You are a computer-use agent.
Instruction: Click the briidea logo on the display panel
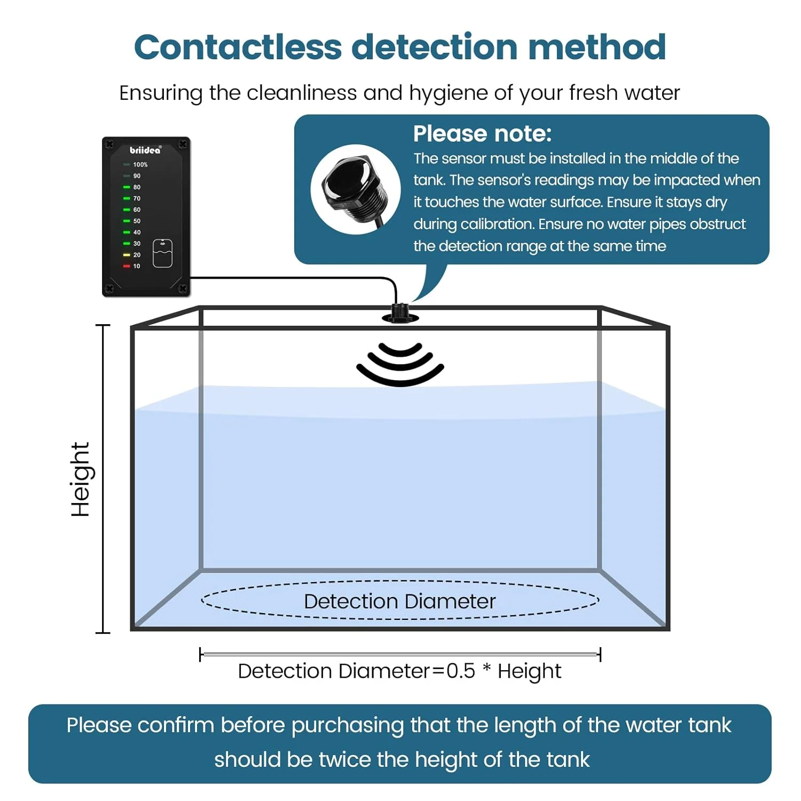tap(145, 150)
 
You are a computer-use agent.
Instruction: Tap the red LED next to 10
tap(127, 266)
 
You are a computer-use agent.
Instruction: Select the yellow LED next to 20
tap(127, 255)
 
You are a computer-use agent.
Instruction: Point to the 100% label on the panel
tap(140, 164)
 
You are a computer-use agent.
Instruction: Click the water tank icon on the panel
tap(162, 253)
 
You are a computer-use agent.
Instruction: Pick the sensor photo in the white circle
tap(355, 189)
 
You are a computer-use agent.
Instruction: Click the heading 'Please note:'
tap(482, 133)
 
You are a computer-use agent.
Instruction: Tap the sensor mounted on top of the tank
tap(400, 313)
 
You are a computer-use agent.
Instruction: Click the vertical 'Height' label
tap(81, 479)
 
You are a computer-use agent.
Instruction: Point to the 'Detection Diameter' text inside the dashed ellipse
tap(399, 601)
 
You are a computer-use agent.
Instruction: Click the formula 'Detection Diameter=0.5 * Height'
tap(399, 671)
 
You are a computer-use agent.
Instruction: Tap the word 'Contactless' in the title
tap(237, 47)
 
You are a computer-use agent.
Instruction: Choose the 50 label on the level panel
tap(137, 221)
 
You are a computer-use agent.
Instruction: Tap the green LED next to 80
tap(127, 187)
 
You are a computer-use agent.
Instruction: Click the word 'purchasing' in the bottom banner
tap(348, 725)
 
